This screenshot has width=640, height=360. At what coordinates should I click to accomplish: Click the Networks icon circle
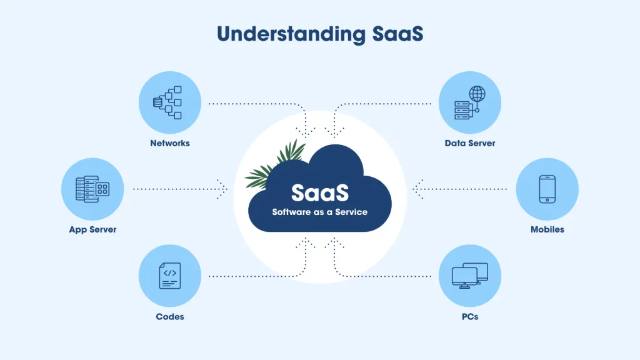click(170, 102)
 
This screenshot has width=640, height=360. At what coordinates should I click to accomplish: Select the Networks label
click(170, 143)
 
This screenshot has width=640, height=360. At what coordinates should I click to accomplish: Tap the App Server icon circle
click(92, 189)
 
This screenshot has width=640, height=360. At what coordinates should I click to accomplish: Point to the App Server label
click(92, 229)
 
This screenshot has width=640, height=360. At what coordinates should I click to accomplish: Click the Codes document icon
click(170, 275)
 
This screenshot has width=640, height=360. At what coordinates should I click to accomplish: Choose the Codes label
click(170, 317)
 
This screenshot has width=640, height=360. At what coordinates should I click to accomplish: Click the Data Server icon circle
click(470, 102)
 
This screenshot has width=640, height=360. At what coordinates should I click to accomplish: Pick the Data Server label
click(470, 143)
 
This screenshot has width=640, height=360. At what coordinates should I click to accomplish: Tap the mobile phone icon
click(547, 189)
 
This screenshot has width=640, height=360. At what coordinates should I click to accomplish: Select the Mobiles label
click(547, 229)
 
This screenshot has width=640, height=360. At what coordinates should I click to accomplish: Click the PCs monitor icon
click(470, 275)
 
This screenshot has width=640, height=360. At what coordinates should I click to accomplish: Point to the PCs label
click(470, 317)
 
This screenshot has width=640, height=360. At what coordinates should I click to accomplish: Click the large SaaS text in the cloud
click(320, 191)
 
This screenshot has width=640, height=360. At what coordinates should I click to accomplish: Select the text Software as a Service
click(320, 212)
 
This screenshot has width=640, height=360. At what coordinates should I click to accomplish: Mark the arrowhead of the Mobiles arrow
click(416, 188)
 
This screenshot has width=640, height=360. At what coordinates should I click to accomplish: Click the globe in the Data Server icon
click(477, 94)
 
